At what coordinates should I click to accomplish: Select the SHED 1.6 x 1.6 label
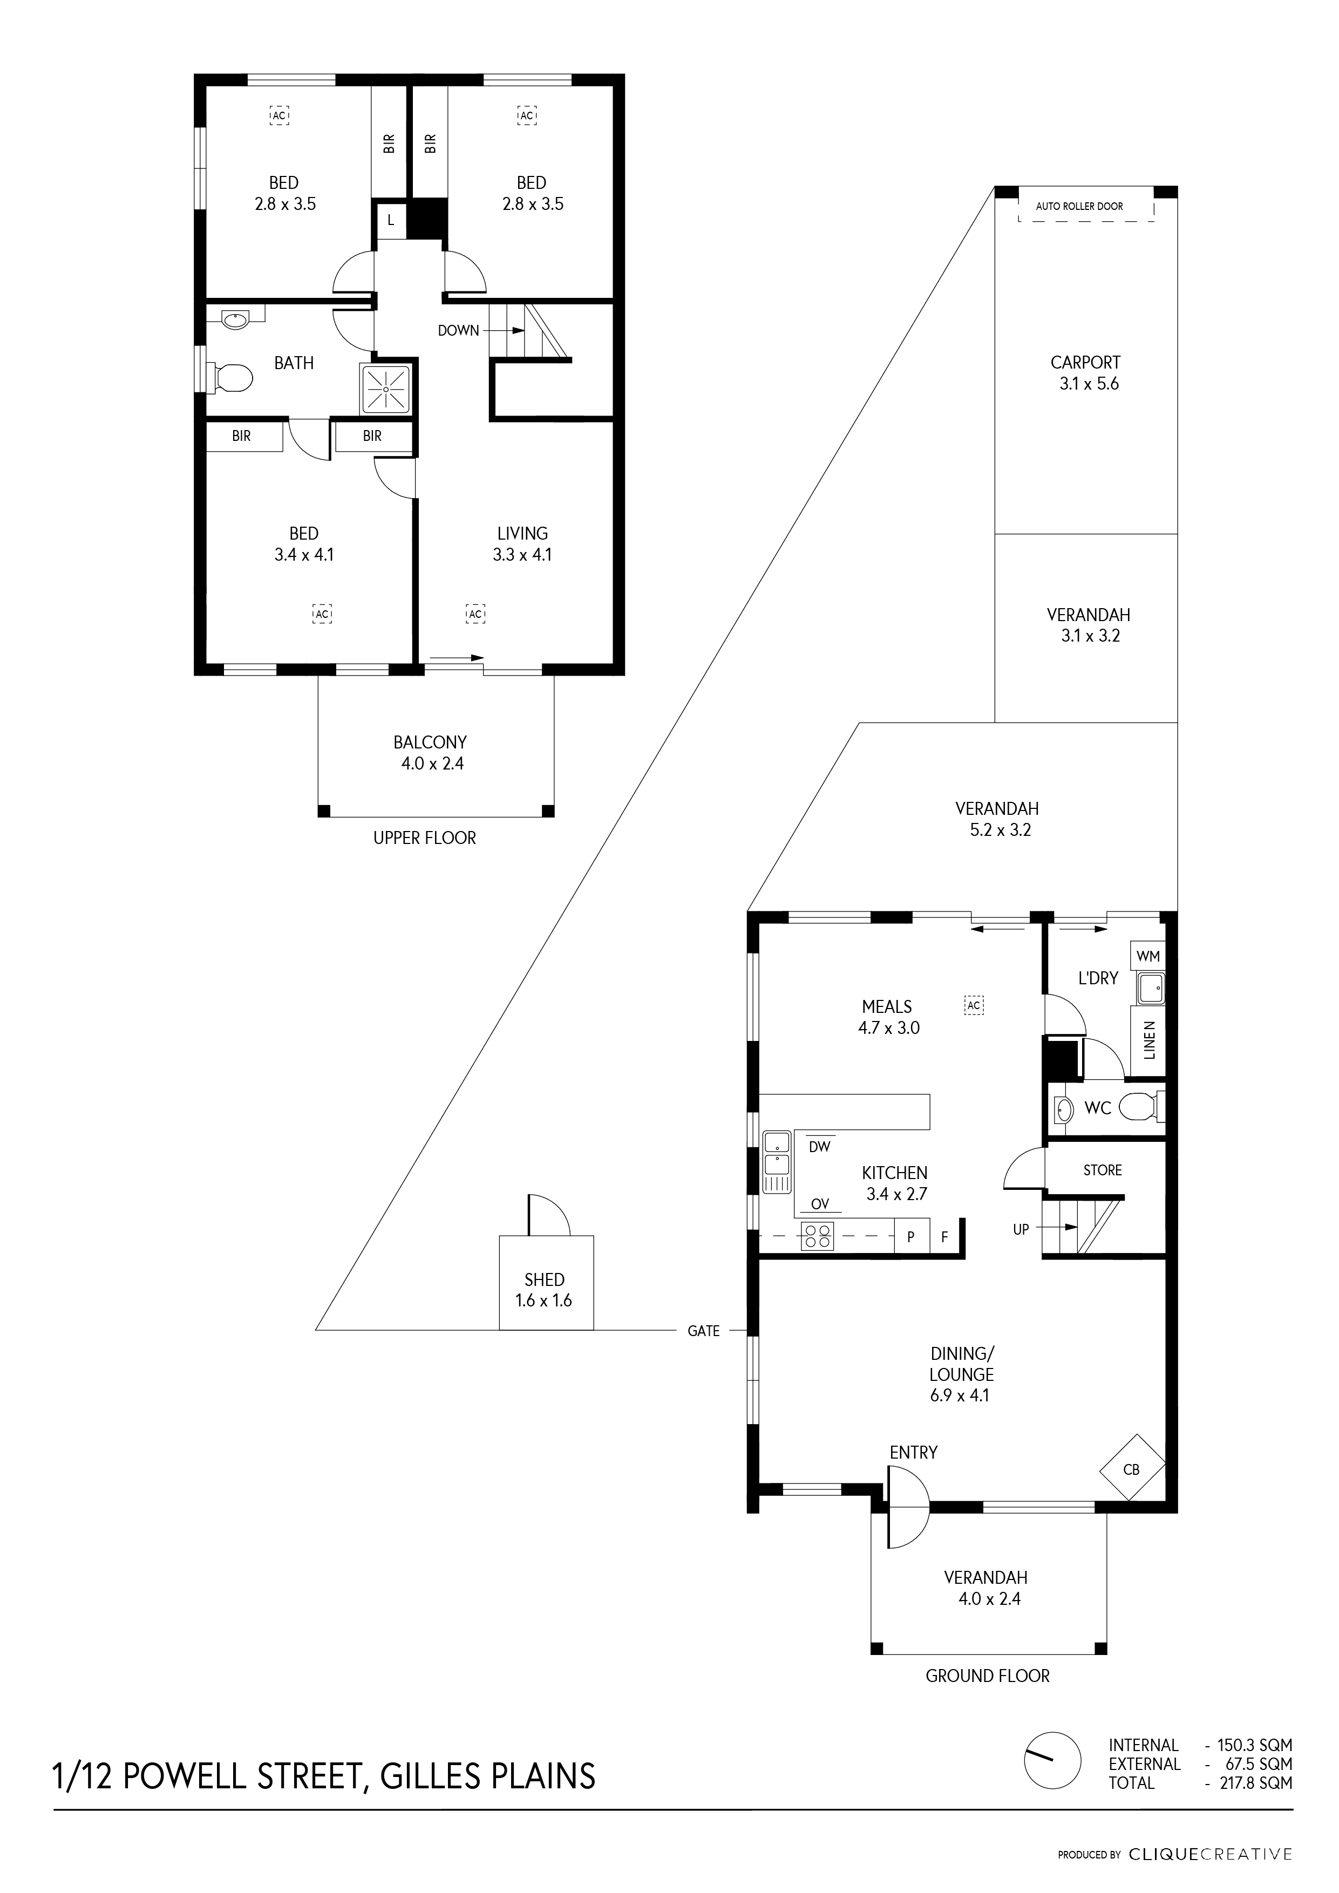544,1290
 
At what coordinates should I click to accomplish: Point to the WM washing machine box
1148,956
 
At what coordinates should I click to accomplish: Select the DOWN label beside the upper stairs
458,331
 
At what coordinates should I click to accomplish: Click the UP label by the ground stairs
1021,1229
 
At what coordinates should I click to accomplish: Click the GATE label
703,1331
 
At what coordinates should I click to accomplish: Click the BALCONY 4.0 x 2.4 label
430,753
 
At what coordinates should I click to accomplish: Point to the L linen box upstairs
391,221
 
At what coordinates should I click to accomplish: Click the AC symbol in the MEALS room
974,1005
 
